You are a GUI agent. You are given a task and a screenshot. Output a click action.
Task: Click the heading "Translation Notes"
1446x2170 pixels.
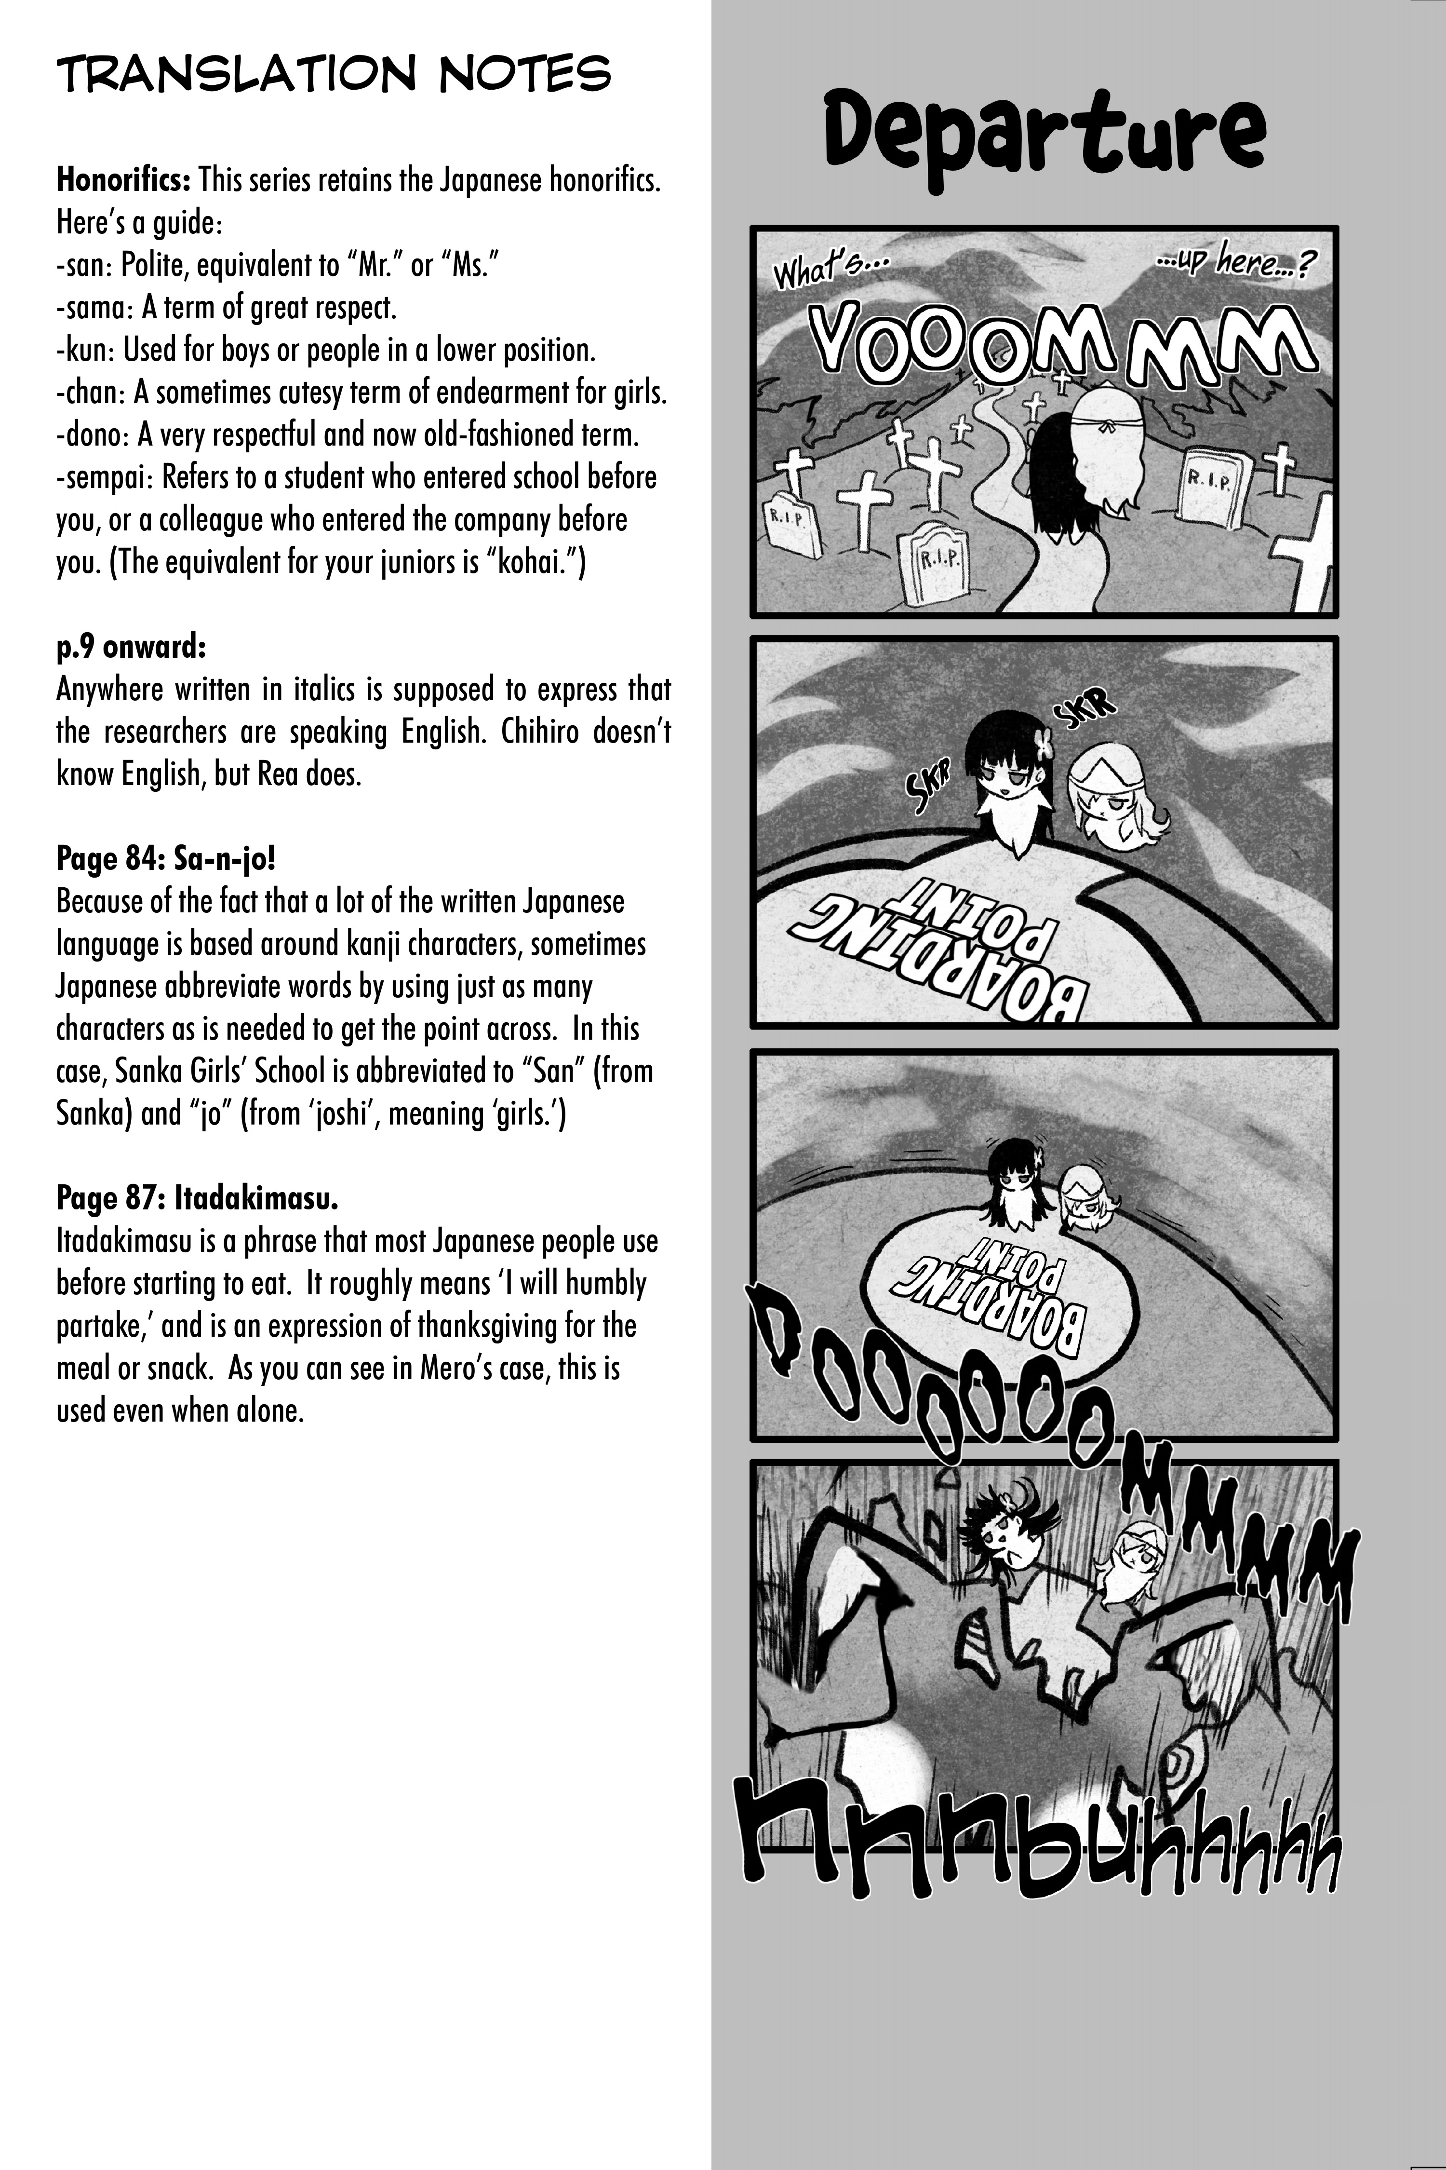(x=334, y=74)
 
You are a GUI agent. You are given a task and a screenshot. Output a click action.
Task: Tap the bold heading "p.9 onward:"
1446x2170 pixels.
(x=131, y=647)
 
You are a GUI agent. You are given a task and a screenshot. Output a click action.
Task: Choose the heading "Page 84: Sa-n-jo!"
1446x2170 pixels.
(x=166, y=859)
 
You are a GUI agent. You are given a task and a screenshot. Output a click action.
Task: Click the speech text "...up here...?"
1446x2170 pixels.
(x=1236, y=263)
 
